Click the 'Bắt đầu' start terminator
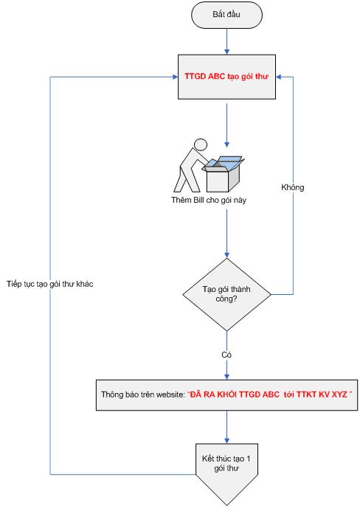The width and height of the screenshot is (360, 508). pyautogui.click(x=226, y=15)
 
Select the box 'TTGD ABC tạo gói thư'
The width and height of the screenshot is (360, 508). pyautogui.click(x=226, y=77)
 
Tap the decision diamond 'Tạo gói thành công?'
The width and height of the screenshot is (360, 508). pyautogui.click(x=226, y=294)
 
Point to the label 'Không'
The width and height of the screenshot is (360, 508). pyautogui.click(x=293, y=187)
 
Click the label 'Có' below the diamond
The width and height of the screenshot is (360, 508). pyautogui.click(x=226, y=355)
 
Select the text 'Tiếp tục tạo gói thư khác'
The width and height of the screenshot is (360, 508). pyautogui.click(x=50, y=284)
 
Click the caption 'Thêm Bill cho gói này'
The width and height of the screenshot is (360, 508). pyautogui.click(x=209, y=200)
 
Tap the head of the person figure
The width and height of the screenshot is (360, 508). pyautogui.click(x=200, y=145)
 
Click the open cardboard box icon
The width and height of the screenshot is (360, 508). pyautogui.click(x=223, y=174)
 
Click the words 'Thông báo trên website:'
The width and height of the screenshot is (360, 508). pyautogui.click(x=143, y=394)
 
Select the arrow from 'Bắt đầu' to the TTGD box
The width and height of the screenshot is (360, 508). pyautogui.click(x=226, y=41)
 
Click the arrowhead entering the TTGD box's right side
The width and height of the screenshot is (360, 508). pyautogui.click(x=279, y=77)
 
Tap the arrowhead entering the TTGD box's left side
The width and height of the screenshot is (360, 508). pyautogui.click(x=176, y=77)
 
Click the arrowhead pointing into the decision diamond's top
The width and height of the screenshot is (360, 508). pyautogui.click(x=226, y=255)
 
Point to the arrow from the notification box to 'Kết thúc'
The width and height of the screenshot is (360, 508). pyautogui.click(x=226, y=427)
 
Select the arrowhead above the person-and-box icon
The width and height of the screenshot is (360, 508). pyautogui.click(x=226, y=145)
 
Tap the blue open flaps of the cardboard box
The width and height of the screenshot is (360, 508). pyautogui.click(x=224, y=163)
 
